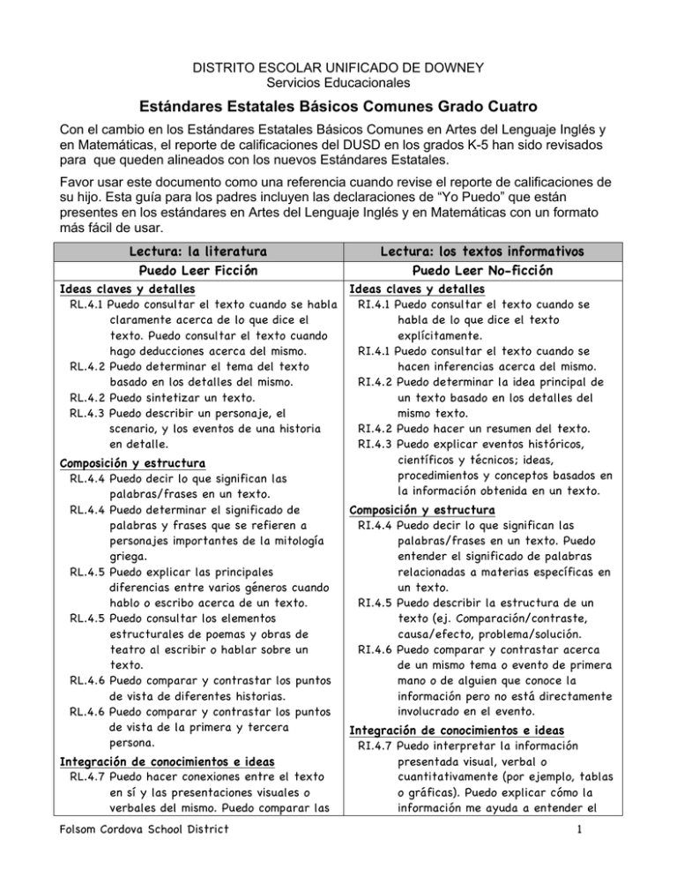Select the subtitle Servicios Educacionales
(338, 84)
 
